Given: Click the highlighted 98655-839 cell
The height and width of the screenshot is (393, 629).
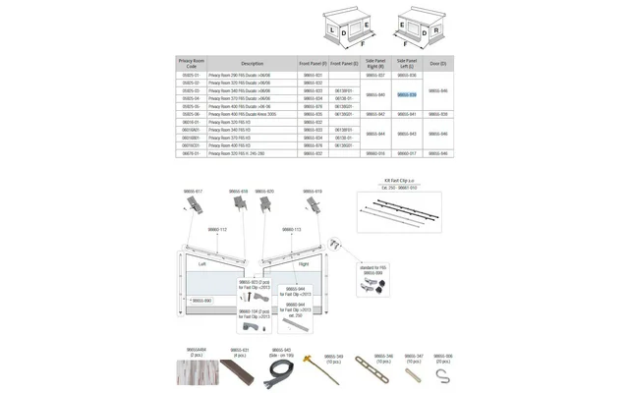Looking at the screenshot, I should (x=407, y=94).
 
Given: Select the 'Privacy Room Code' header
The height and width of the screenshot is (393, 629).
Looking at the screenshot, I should (x=191, y=63).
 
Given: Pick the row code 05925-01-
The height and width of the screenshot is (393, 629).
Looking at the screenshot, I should (x=191, y=75).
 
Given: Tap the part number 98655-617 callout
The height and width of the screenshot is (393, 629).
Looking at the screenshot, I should (x=193, y=191).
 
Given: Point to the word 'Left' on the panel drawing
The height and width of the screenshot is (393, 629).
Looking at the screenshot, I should (x=202, y=263).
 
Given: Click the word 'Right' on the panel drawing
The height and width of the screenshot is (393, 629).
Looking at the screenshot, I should (x=304, y=264).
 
